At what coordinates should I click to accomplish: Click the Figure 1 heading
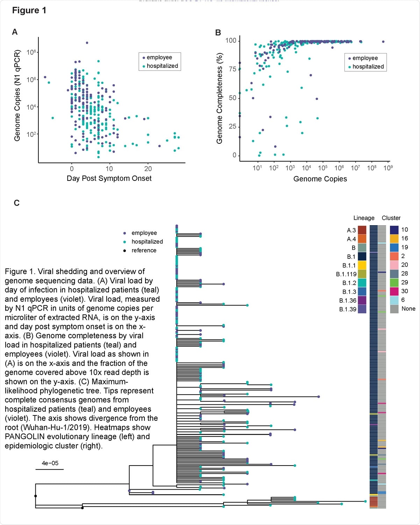coord(29,10)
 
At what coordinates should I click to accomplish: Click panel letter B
coord(218,33)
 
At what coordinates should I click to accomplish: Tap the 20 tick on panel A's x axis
coord(148,169)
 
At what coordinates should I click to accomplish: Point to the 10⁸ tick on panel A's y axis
coord(31,52)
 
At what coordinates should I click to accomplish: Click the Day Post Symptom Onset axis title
coord(109,178)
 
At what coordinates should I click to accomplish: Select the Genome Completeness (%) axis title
coord(220,98)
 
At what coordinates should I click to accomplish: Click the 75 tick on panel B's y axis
coord(232,69)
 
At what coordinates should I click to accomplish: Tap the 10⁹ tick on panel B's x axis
coord(388,168)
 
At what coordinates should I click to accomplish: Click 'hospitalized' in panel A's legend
coord(162,66)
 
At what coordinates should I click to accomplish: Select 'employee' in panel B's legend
coord(365,58)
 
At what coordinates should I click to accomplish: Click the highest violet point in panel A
coord(87,43)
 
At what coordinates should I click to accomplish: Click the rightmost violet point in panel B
coord(383,42)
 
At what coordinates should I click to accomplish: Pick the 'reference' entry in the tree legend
coord(144,250)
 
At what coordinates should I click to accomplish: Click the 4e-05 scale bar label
coord(50,463)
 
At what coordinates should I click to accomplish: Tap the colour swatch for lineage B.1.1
coord(362,265)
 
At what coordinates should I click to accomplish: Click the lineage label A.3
coord(351,230)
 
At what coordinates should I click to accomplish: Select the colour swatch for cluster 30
coord(394,291)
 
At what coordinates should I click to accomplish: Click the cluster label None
coord(408,308)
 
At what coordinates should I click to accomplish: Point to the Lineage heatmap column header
coord(364,218)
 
